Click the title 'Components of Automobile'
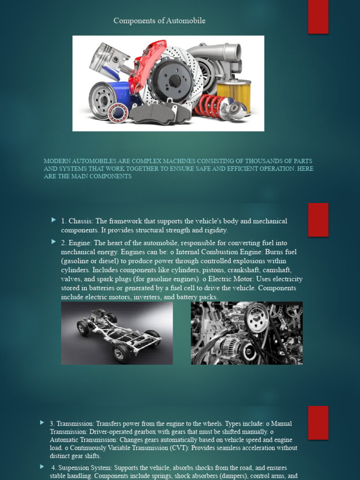(159, 21)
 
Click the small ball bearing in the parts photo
(118, 112)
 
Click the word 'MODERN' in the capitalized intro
(56, 161)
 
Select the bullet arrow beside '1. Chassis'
(54, 220)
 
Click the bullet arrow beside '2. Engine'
(54, 242)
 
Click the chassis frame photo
(117, 333)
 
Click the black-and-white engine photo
(247, 333)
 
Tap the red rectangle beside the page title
(318, 17)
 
